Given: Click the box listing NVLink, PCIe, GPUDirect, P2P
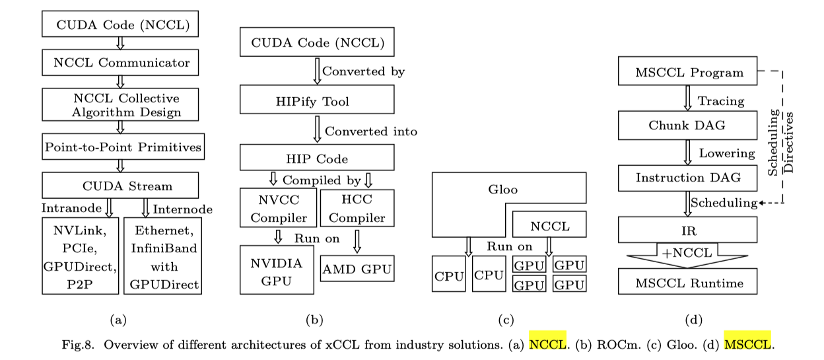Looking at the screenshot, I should (x=79, y=256).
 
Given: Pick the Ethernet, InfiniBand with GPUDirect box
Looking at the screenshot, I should (x=162, y=256).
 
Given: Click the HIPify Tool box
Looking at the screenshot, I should (x=318, y=100).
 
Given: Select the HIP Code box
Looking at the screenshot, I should (x=318, y=159).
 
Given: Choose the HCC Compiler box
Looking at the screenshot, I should (x=357, y=207).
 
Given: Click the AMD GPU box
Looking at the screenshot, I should (x=357, y=269).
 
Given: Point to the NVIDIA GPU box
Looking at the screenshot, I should (x=277, y=270).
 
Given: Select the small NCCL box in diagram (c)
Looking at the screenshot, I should (x=550, y=226).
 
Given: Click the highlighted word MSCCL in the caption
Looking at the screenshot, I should (x=747, y=344).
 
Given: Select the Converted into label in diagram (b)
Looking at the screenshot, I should (x=371, y=131).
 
